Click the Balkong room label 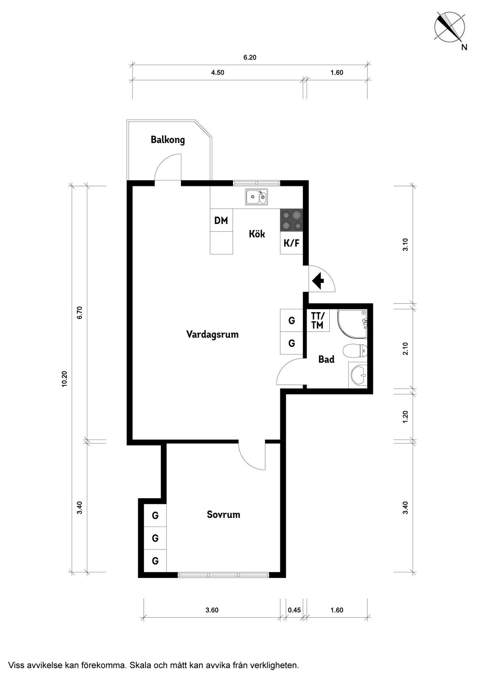tap(168, 140)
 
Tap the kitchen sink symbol tap(257, 197)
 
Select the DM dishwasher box tap(221, 220)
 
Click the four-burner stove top tap(291, 220)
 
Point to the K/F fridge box tap(291, 243)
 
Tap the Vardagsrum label tap(212, 334)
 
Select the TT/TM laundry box tap(318, 320)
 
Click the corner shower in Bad tap(353, 324)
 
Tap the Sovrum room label tap(223, 514)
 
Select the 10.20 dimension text tap(64, 378)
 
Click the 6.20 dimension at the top tap(250, 57)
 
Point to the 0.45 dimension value tap(294, 610)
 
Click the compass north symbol tap(450, 27)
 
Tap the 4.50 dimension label tap(218, 73)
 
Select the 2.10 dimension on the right tap(405, 349)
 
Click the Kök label tap(257, 234)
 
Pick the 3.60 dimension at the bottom tap(212, 610)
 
